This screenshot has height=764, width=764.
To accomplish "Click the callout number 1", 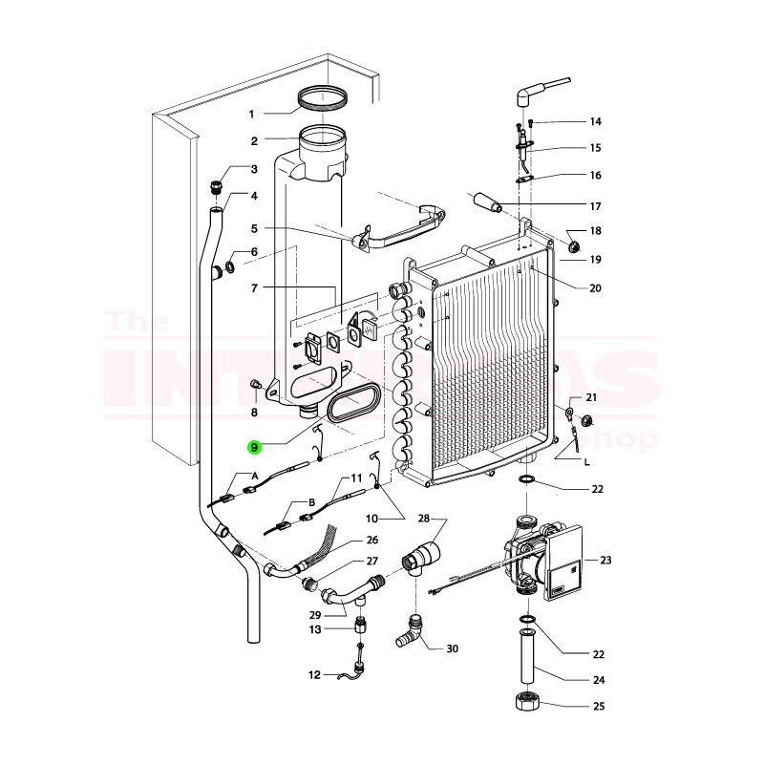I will click(x=253, y=115).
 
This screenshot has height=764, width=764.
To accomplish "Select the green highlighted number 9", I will click(x=253, y=446).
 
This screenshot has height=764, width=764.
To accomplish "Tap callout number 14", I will click(x=595, y=122).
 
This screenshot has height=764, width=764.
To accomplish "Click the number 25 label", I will click(x=599, y=708).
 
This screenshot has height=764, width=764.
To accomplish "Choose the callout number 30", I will click(x=453, y=648).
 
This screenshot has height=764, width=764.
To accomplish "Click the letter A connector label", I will click(x=254, y=475).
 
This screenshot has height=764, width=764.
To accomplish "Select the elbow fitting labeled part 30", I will click(x=412, y=631).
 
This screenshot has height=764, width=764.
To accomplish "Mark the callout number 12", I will click(x=314, y=675).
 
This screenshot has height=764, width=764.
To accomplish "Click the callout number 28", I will click(x=425, y=519).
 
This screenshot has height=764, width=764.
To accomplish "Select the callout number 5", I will click(x=254, y=228).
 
